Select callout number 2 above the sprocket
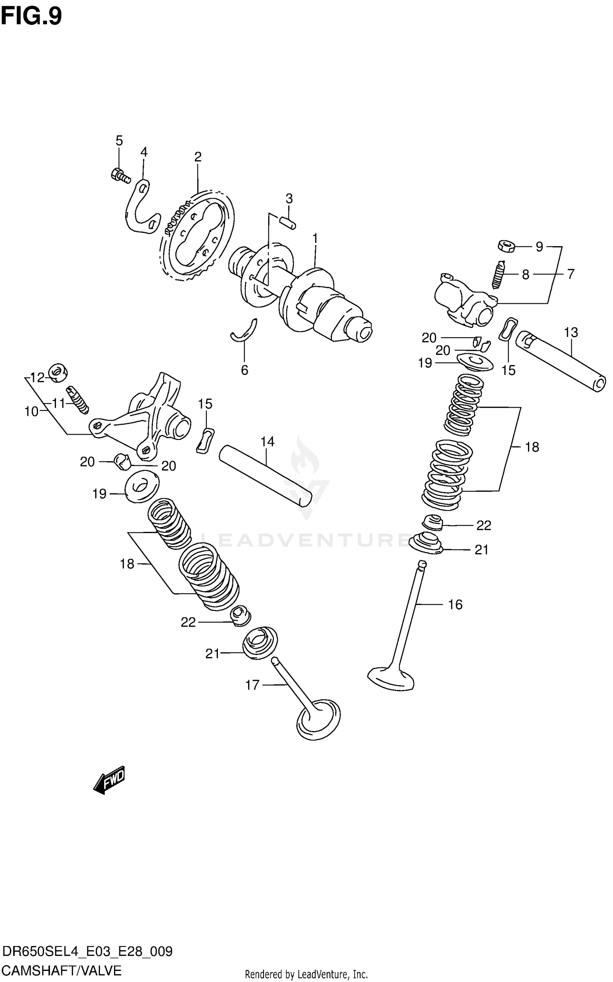[198, 157]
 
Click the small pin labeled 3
[288, 223]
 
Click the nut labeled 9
[506, 246]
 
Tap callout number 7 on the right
[570, 274]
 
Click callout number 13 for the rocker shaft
[571, 332]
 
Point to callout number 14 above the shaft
[267, 442]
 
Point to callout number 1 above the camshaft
[315, 238]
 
